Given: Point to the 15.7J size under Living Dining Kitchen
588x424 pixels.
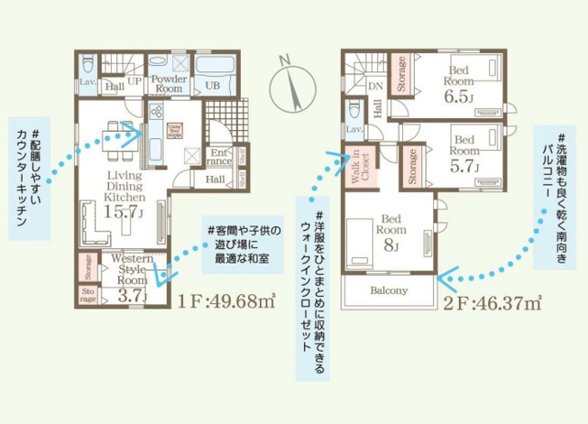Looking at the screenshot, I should [x=124, y=212].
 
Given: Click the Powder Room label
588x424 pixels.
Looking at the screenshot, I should [x=170, y=84].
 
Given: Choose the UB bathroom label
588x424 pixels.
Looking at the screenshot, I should [x=214, y=85].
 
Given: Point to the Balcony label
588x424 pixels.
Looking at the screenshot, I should [x=389, y=291].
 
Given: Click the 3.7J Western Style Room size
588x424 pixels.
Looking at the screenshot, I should [x=132, y=294].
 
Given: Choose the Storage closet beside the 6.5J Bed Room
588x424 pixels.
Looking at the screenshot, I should [x=401, y=71].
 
